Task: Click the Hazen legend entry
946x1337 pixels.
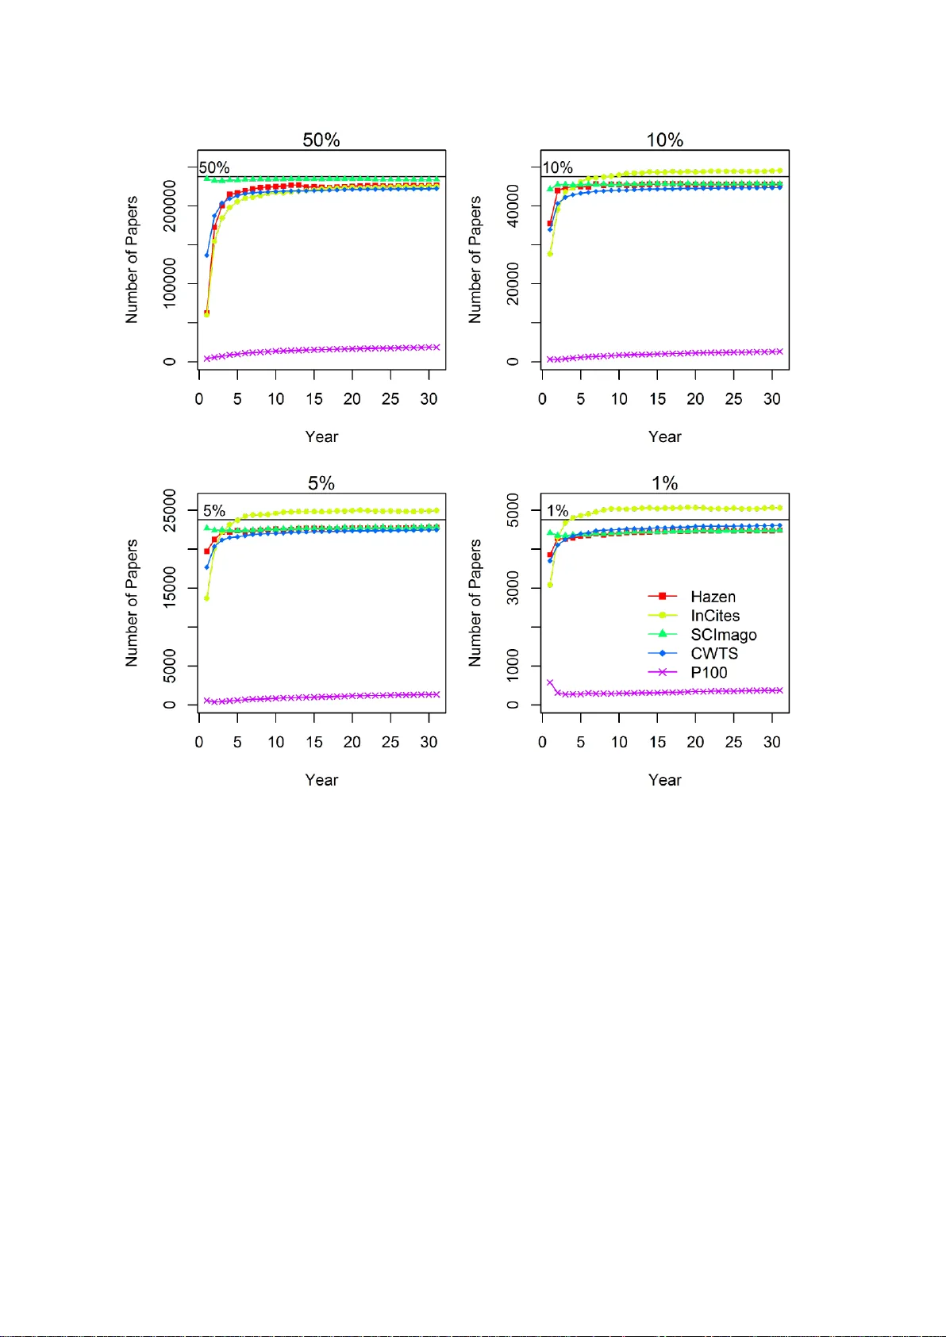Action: click(x=713, y=597)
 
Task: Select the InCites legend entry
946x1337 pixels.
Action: click(x=715, y=616)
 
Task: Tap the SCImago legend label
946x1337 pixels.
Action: click(x=723, y=635)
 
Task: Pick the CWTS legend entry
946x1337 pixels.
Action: click(x=714, y=654)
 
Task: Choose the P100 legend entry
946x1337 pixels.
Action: click(x=709, y=673)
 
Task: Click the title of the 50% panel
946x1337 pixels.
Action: click(x=321, y=140)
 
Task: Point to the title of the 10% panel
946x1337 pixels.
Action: click(x=665, y=140)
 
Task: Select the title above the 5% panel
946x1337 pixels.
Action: click(x=321, y=483)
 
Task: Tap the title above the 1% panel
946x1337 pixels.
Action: click(x=665, y=483)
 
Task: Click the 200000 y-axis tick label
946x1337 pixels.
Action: click(x=170, y=206)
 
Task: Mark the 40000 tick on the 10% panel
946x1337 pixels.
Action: click(x=513, y=206)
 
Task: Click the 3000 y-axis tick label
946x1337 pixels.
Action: click(x=513, y=588)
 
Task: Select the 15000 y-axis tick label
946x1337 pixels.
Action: click(x=170, y=588)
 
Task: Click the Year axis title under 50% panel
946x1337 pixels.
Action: click(x=321, y=437)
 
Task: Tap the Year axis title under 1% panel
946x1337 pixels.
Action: click(x=665, y=780)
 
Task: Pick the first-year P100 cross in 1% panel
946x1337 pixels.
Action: click(x=550, y=682)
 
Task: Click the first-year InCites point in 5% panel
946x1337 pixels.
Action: click(x=206, y=597)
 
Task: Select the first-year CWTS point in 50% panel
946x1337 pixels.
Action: click(x=206, y=255)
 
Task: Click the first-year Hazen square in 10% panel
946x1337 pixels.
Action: click(x=550, y=224)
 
